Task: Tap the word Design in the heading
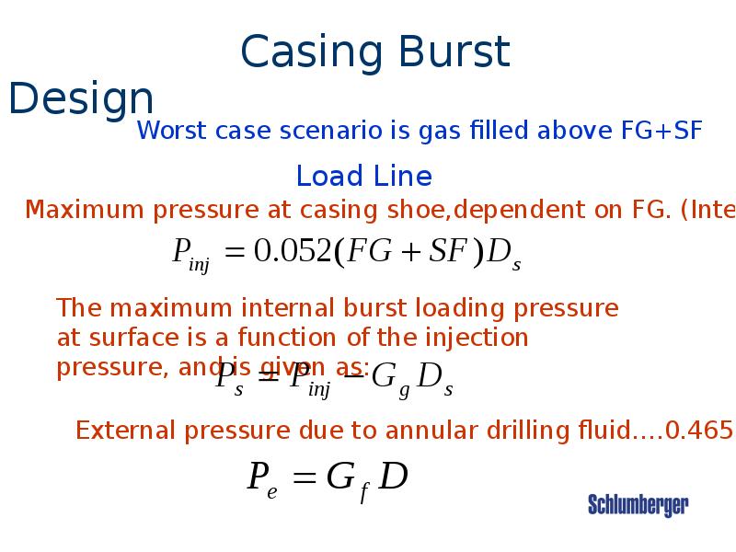tap(81, 99)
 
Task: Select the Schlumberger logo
tap(638, 505)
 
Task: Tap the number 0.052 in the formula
tap(291, 252)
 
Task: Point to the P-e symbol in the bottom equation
tap(262, 479)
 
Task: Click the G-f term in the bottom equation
tap(347, 480)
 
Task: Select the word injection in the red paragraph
tap(475, 338)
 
